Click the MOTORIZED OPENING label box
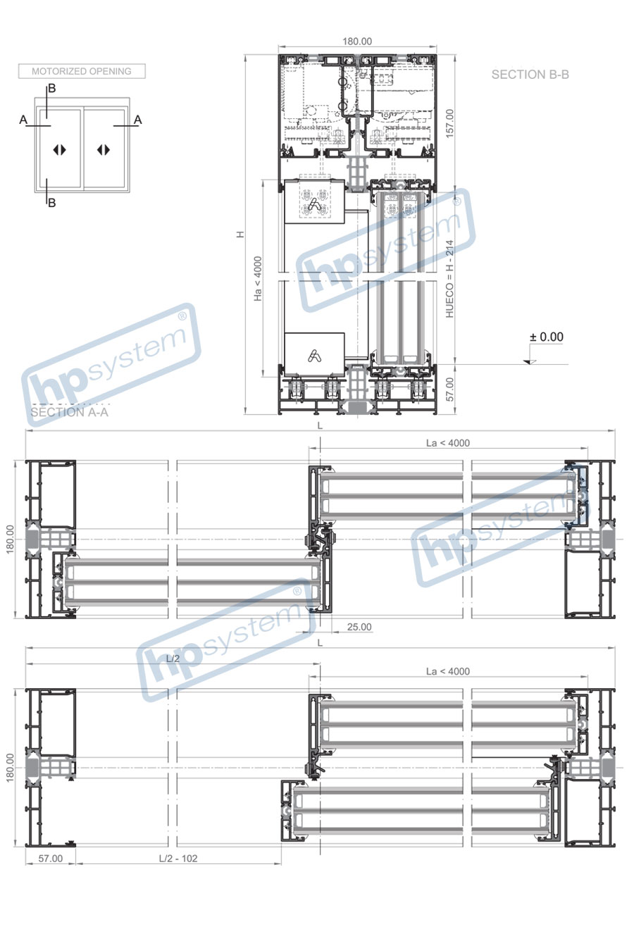coord(82,71)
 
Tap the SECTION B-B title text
coord(530,75)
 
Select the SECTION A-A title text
coord(69,412)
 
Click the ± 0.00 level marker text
coord(547,337)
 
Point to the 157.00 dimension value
coord(449,123)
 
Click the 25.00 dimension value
coord(359,627)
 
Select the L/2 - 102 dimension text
coord(178,858)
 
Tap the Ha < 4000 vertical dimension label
coord(258,279)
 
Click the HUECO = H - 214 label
coord(449,279)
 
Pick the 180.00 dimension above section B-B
coord(357,42)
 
